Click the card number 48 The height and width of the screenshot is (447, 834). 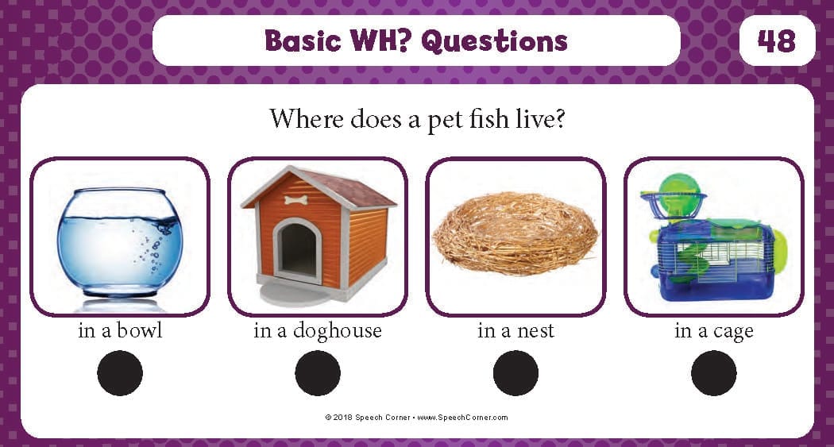777,41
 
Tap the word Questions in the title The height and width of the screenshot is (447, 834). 494,41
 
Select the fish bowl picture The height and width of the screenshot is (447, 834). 120,242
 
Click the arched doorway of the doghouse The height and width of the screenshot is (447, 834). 298,249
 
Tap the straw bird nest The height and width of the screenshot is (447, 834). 515,233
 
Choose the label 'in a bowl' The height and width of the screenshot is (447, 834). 120,330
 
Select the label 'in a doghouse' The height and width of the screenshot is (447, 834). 318,331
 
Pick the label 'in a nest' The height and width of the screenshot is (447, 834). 516,331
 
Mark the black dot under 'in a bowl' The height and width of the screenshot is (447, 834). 120,373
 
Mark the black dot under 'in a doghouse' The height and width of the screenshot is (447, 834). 318,373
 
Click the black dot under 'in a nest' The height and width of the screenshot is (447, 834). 516,373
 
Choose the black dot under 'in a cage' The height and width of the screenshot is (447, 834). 714,373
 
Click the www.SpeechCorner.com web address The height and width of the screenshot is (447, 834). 462,418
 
